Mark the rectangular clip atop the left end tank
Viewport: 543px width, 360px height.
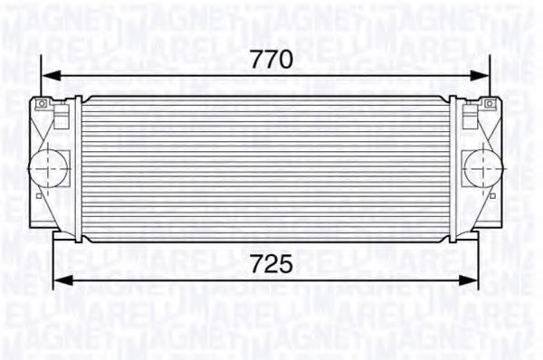pyautogui.click(x=63, y=116)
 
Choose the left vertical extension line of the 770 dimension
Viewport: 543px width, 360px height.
pyautogui.click(x=43, y=77)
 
